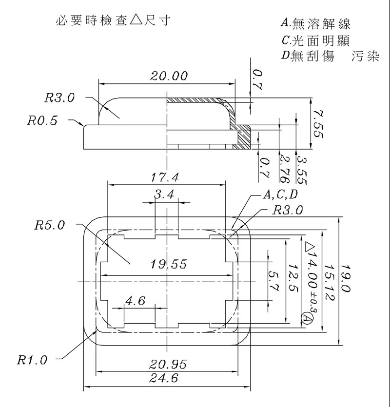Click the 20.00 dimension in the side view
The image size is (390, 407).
169,76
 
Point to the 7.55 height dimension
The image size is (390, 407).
318,123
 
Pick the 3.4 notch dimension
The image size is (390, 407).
164,194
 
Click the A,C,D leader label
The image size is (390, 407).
280,195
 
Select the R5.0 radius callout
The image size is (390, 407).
49,225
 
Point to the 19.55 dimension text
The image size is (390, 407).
169,264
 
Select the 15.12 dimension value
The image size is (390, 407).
330,278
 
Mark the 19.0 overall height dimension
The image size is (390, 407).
346,278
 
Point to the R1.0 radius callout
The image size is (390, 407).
32,360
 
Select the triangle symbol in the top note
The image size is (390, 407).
136,21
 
